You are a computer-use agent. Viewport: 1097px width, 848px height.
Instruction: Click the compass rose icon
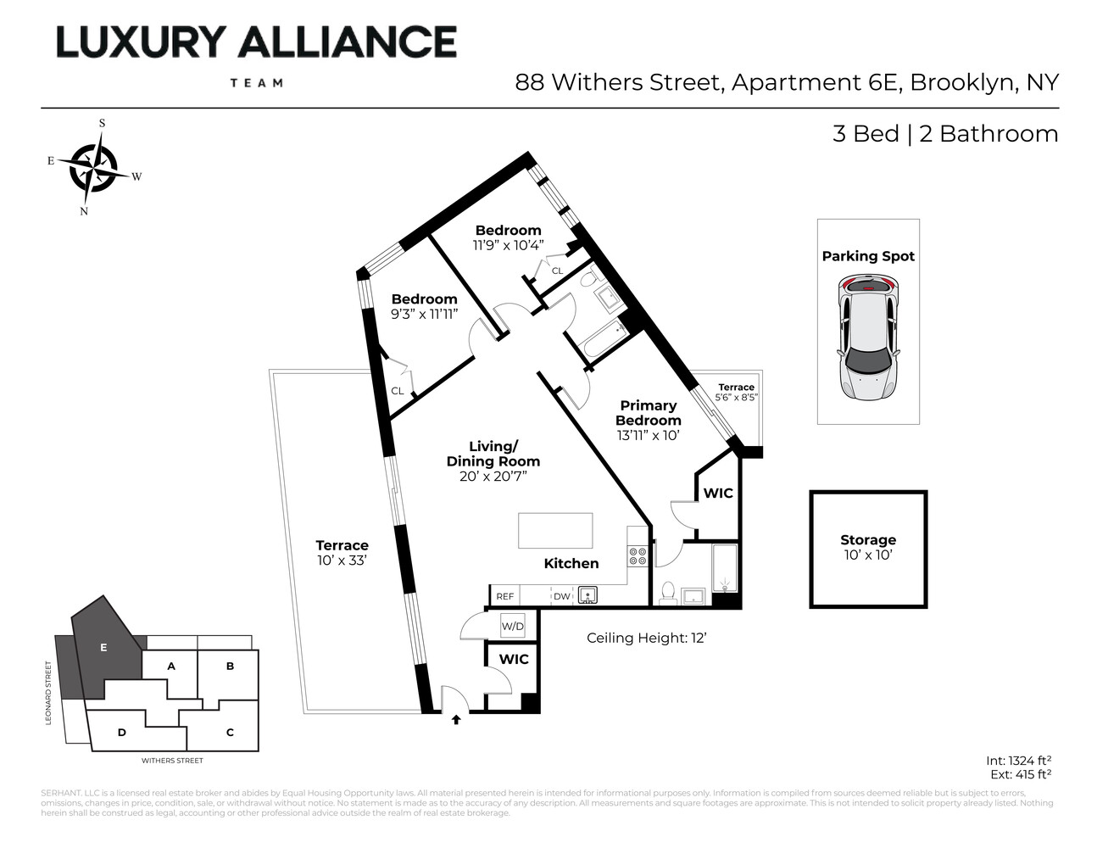(93, 166)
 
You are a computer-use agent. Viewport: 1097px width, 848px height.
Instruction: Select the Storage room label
(868, 540)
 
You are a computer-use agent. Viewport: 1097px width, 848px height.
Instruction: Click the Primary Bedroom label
(649, 413)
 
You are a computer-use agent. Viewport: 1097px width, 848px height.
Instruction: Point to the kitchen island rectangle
(555, 531)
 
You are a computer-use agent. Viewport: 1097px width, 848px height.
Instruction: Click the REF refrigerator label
(505, 597)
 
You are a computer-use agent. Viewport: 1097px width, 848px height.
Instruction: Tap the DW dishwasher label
(562, 597)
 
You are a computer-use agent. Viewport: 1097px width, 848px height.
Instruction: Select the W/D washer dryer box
(513, 627)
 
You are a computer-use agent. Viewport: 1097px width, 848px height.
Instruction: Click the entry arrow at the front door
(456, 720)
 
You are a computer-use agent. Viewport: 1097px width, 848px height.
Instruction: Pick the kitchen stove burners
(638, 555)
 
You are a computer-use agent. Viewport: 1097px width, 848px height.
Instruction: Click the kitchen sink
(588, 595)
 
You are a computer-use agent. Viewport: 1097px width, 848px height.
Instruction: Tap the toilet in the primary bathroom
(667, 592)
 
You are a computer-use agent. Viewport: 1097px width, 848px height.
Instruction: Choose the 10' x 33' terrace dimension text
(342, 561)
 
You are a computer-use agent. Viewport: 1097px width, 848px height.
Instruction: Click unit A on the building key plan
(171, 667)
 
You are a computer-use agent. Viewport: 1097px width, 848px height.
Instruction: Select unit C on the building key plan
(230, 732)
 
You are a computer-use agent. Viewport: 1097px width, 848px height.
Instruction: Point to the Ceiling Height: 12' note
(647, 638)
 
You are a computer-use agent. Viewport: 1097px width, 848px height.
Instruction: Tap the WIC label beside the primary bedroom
(718, 494)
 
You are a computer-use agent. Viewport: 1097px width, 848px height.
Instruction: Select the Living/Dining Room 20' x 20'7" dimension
(493, 477)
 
